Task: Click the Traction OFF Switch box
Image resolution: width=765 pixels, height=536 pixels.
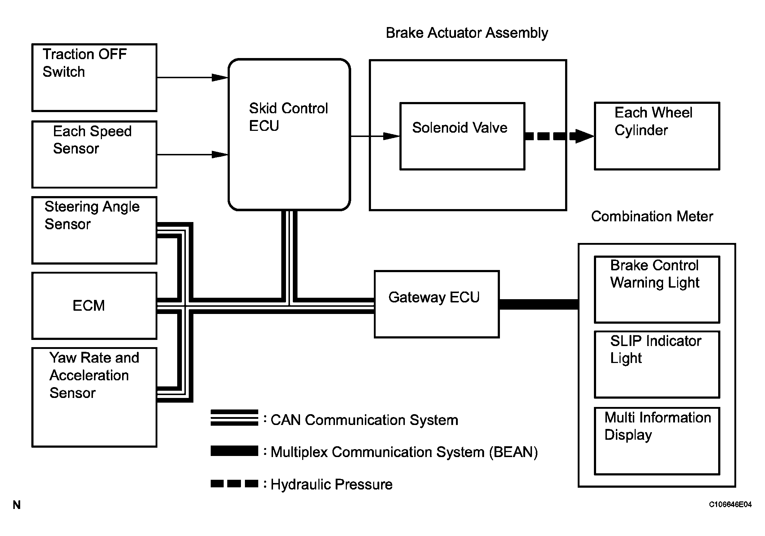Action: click(x=94, y=77)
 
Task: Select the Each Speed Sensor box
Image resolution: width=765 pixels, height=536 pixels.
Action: click(x=94, y=154)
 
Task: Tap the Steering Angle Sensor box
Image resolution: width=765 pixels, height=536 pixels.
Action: click(x=94, y=230)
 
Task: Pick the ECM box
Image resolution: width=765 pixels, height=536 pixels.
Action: click(x=94, y=306)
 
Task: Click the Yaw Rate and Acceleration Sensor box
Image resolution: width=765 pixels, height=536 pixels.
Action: click(x=94, y=397)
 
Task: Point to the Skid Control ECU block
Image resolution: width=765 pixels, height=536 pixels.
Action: click(x=289, y=134)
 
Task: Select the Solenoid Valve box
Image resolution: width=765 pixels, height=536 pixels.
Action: click(x=462, y=136)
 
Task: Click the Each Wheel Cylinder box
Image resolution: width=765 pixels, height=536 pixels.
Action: click(x=657, y=136)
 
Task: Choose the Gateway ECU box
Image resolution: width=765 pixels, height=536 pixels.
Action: click(x=437, y=304)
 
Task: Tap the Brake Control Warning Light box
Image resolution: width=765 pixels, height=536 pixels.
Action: click(x=657, y=289)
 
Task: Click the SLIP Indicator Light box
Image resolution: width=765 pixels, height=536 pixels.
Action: click(x=657, y=364)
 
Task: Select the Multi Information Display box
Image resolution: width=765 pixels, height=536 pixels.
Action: click(x=657, y=441)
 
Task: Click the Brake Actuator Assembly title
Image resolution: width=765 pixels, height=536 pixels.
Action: click(x=467, y=33)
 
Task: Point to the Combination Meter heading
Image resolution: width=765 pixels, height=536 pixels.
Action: click(x=652, y=216)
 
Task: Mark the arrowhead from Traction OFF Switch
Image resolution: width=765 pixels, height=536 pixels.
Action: click(x=219, y=77)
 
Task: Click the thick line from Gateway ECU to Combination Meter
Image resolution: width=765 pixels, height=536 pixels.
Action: click(x=539, y=304)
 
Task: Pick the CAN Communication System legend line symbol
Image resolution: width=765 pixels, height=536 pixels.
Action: click(x=234, y=418)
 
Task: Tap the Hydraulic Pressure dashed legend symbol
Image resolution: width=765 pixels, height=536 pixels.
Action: click(x=234, y=484)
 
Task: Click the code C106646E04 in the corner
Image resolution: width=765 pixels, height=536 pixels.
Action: click(x=730, y=505)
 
